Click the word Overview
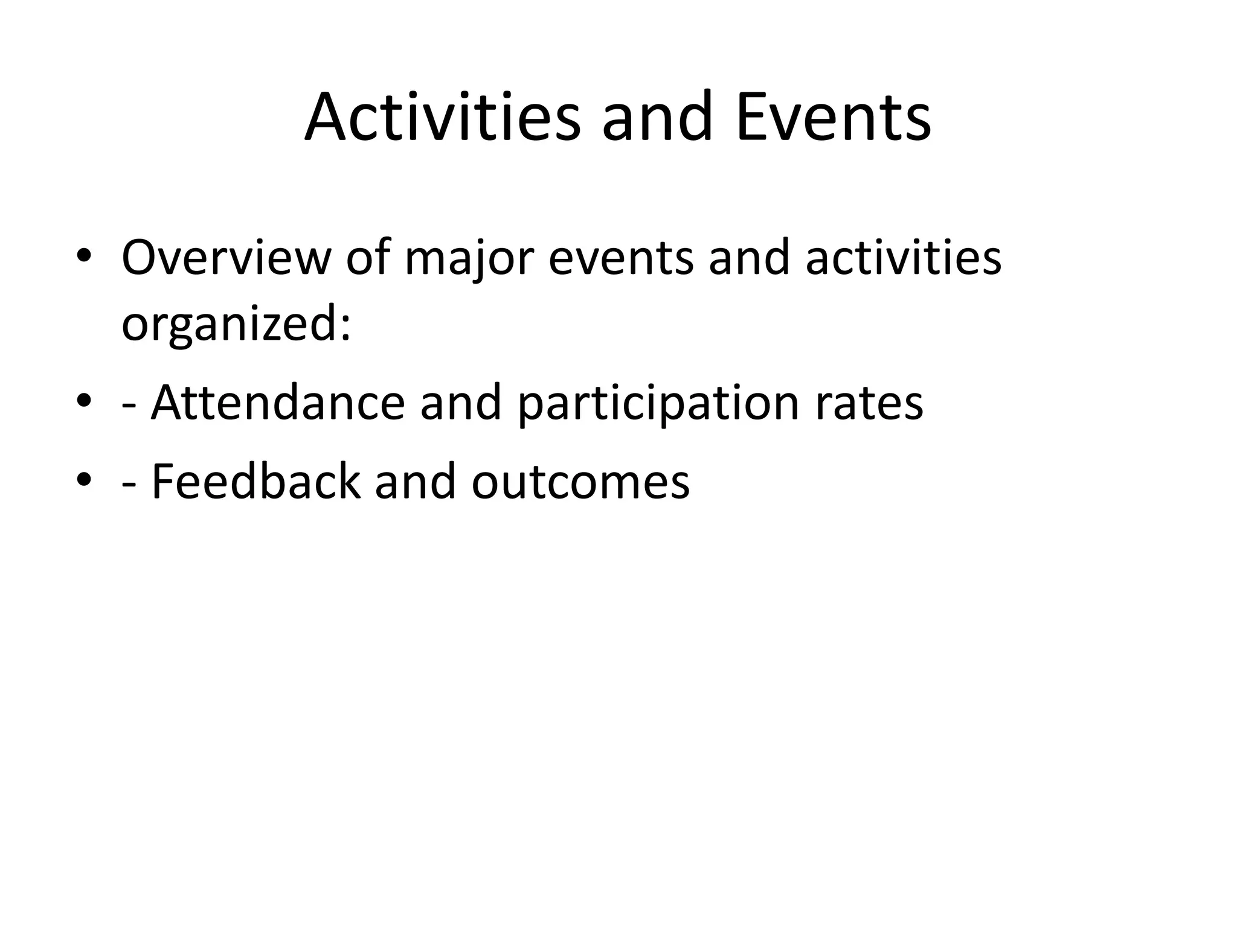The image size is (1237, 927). pos(226,258)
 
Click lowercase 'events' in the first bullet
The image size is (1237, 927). pos(621,258)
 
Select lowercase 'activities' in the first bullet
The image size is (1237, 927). pos(904,258)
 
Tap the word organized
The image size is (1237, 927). pos(236,324)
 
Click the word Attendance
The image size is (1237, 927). pos(278,403)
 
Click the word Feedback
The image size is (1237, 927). pos(255,481)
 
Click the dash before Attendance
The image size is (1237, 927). pos(128,406)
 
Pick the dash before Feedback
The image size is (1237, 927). pos(128,484)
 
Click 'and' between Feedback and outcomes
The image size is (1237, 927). pos(415,481)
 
